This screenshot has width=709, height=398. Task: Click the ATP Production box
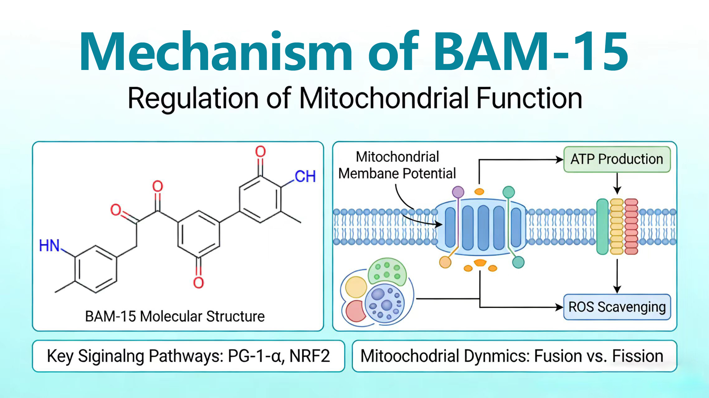[617, 160]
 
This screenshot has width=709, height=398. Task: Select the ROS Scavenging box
[617, 307]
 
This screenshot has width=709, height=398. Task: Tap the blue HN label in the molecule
[49, 246]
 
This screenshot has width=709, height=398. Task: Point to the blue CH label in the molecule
[305, 177]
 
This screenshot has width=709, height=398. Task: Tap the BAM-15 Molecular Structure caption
[175, 317]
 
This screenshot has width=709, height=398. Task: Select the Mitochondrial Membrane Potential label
[397, 165]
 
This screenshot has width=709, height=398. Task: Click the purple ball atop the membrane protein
[458, 192]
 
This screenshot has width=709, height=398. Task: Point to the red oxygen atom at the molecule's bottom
[198, 282]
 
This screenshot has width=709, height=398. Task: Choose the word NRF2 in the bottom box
[309, 356]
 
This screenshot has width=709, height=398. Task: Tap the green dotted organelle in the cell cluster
[387, 271]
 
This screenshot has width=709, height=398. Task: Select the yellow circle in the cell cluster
[356, 287]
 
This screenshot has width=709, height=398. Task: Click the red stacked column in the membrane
[631, 226]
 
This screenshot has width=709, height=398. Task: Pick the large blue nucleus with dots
[384, 303]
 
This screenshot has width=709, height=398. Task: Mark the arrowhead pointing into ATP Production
[560, 160]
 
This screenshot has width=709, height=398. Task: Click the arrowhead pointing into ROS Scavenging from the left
[560, 308]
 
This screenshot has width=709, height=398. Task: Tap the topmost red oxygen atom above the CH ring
[260, 152]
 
